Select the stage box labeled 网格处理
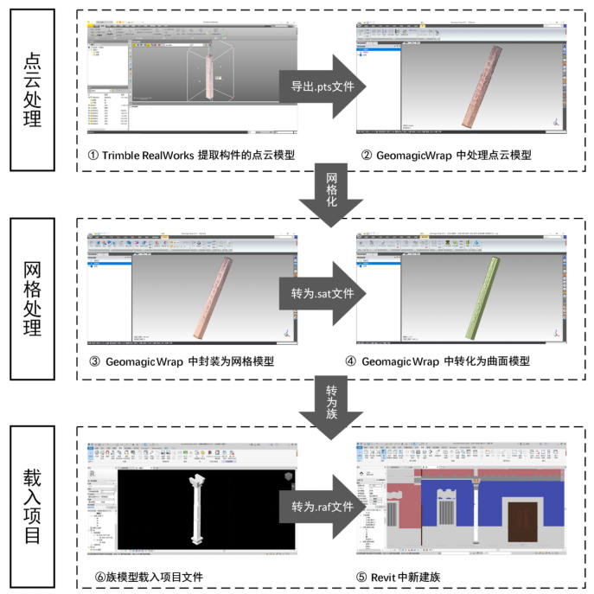pos(32,298)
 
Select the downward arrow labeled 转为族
pos(331,400)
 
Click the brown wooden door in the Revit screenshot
pos(523,522)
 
